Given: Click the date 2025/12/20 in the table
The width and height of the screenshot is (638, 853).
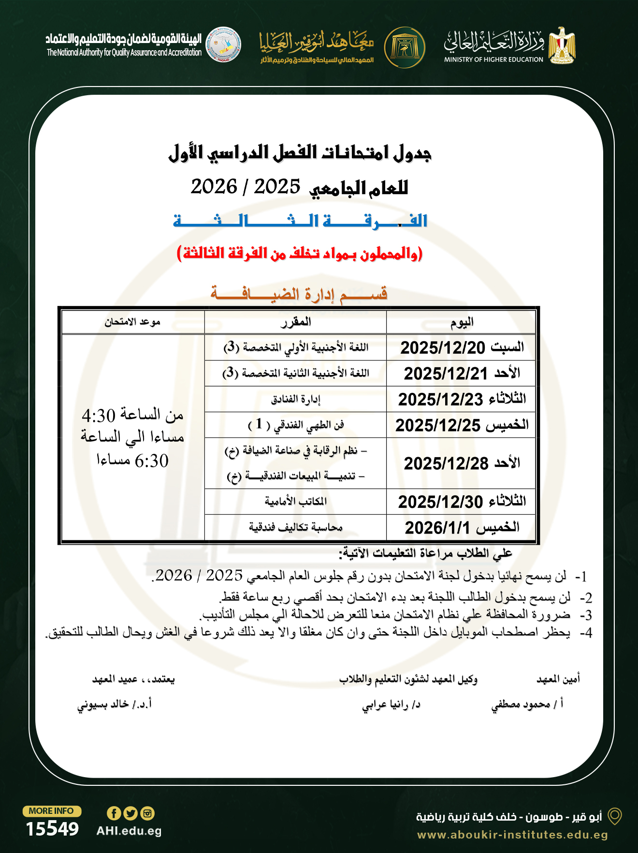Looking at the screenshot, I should click(442, 347).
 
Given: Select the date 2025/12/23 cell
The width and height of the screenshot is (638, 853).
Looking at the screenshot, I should click(440, 399).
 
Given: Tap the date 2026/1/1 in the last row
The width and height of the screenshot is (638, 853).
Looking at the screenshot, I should click(437, 528).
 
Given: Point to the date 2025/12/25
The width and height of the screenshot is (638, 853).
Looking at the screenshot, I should click(438, 425).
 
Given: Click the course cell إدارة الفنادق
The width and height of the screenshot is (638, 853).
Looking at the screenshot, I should click(296, 399).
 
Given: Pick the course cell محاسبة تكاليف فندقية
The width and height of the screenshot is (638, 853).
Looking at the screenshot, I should click(296, 527).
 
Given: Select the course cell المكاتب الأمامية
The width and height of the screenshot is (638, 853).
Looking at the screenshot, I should click(296, 501).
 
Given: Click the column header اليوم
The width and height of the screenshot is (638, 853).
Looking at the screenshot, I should click(462, 322).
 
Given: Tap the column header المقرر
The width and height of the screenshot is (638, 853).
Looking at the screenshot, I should click(296, 322).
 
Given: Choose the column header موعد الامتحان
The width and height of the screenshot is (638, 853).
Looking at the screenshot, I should click(132, 322).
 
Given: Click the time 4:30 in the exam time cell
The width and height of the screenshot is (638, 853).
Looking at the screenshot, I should click(99, 416).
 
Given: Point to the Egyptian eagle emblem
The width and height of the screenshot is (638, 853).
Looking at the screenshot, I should click(562, 45).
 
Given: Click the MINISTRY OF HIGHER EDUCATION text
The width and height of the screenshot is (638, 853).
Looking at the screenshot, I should click(493, 59).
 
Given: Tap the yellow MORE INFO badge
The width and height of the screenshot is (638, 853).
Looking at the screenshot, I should click(52, 811).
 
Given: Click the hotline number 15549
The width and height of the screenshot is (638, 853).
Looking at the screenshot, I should click(52, 829).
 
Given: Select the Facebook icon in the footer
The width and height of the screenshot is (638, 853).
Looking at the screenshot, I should click(114, 813).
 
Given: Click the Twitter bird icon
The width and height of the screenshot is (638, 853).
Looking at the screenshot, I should click(130, 813).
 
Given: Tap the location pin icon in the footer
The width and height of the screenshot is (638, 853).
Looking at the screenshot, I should click(614, 816).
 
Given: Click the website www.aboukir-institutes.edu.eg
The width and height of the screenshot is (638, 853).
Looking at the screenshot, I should click(512, 835).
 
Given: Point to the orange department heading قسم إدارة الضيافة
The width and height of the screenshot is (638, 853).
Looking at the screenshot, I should click(299, 294).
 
